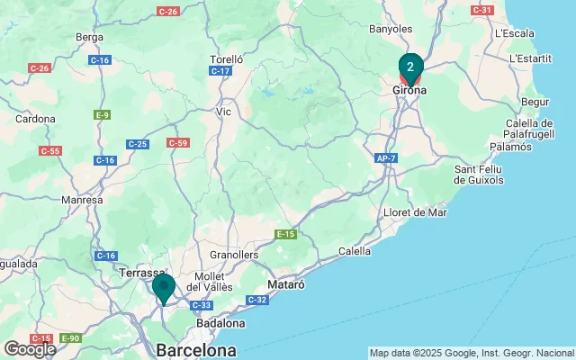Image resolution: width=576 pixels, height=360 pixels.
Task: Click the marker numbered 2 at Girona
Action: (x=410, y=67)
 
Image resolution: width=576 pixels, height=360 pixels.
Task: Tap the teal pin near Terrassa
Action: (x=164, y=287)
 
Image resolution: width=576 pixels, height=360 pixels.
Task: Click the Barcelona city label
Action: (x=196, y=349)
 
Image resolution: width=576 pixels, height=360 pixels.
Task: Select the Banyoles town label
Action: (x=390, y=29)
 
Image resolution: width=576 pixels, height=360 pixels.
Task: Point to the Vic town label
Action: (x=225, y=112)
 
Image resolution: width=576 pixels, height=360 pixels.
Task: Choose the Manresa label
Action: (x=82, y=201)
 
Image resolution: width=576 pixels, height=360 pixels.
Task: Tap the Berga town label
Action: (x=90, y=38)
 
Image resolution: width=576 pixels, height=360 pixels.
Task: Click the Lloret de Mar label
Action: (x=415, y=212)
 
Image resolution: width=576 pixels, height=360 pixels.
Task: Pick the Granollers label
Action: (x=234, y=255)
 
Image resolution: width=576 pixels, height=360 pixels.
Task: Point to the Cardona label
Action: (x=36, y=118)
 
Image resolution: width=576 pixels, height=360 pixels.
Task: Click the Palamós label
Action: (x=511, y=146)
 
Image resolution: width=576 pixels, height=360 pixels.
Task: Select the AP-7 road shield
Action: (x=386, y=158)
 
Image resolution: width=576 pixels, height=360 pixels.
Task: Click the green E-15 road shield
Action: (x=286, y=235)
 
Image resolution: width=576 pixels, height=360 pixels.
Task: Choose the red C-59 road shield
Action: (x=177, y=143)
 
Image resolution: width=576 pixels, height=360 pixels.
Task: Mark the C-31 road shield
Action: (x=481, y=10)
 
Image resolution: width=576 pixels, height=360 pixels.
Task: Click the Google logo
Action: (x=30, y=348)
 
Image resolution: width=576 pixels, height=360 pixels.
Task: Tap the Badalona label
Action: (x=220, y=323)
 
